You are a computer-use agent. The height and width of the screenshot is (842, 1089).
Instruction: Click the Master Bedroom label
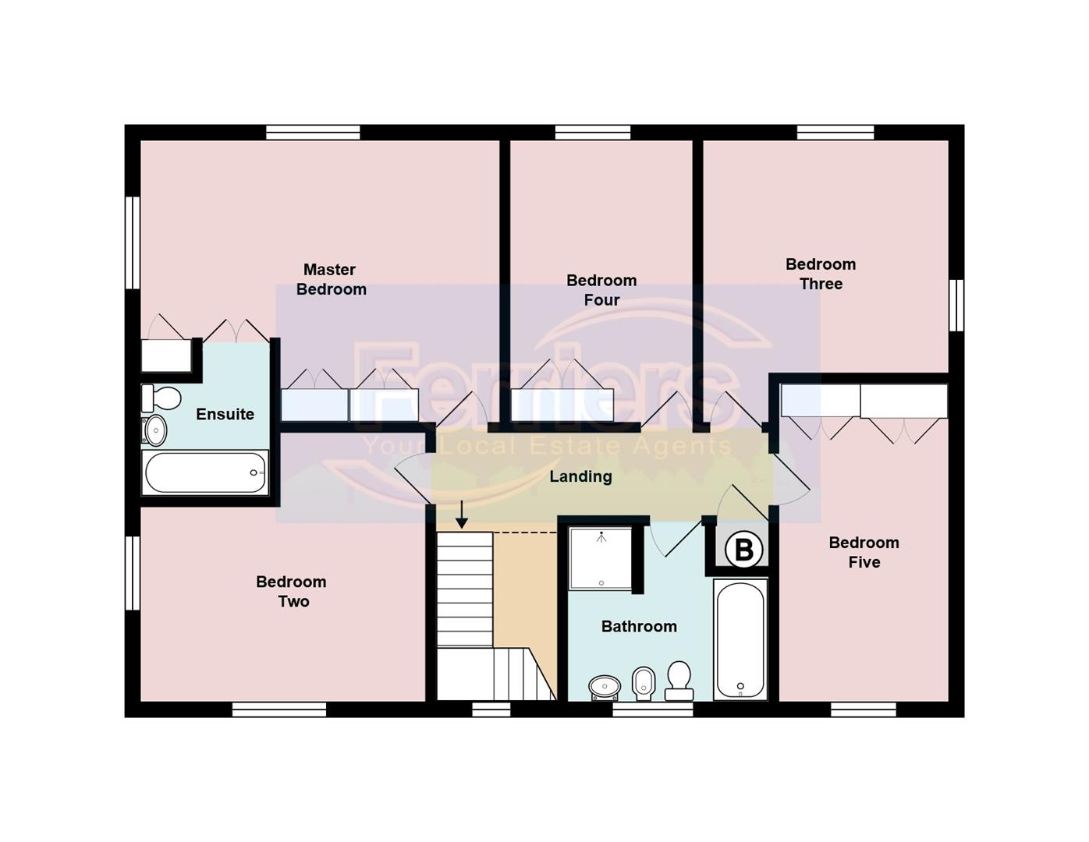pos(331,279)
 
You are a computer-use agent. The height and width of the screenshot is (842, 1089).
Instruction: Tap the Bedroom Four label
pos(601,290)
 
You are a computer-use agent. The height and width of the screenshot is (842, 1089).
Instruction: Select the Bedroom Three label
pos(821,274)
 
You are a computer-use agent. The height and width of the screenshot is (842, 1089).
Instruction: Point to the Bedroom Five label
pos(864,552)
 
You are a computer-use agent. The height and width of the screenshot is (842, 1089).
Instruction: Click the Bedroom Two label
pos(292,591)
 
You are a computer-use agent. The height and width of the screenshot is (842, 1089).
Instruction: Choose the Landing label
pos(580,476)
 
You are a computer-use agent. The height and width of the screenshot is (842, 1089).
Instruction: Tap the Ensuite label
pos(225,414)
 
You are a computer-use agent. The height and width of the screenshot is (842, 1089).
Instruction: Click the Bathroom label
pos(639,626)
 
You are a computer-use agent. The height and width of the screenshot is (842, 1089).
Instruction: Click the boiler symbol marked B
pos(743,550)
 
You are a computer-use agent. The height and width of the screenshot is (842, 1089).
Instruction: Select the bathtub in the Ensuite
pos(206,473)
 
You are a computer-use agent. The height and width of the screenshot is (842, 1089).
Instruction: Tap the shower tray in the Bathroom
pos(601,559)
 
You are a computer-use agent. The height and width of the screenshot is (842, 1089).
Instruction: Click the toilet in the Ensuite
pos(161,398)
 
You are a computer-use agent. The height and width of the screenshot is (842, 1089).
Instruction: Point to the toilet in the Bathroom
pos(679,680)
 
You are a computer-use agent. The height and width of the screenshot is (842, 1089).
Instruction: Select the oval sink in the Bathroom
pos(605,687)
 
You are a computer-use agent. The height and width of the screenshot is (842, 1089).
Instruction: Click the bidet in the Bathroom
pos(643,683)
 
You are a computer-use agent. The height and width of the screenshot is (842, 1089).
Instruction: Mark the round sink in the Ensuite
pos(154,430)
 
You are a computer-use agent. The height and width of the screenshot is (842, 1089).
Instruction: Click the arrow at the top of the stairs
pos(462,515)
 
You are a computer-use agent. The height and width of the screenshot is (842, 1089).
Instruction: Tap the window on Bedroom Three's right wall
pos(956,305)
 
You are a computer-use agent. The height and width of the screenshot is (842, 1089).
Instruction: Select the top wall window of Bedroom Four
pos(592,133)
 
